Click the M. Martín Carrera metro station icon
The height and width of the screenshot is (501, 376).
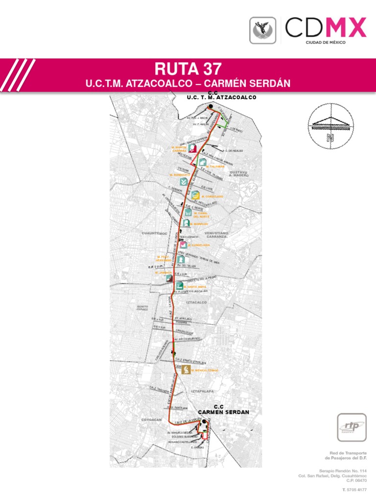[193, 148]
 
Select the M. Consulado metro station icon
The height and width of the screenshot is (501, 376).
[195, 195]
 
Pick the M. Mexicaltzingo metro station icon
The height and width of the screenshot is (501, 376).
[186, 370]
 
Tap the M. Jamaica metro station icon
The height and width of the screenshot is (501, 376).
[169, 277]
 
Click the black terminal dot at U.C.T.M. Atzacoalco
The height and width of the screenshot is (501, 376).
[210, 107]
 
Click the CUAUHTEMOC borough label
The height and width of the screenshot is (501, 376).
[155, 233]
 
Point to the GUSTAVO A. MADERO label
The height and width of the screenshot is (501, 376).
[239, 174]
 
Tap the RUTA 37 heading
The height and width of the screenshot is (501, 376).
[188, 68]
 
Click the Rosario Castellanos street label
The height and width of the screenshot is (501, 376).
[182, 441]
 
